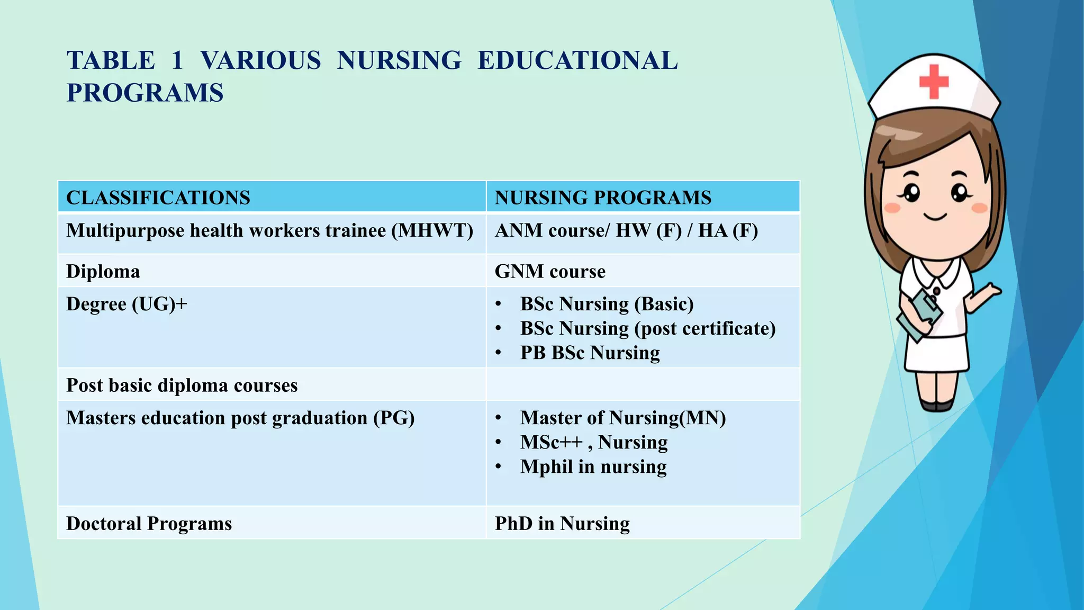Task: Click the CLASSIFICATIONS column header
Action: [x=158, y=198]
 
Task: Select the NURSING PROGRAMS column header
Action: [x=603, y=198]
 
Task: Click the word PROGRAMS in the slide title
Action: [x=145, y=93]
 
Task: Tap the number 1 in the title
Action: [x=177, y=60]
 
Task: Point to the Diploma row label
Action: [x=103, y=271]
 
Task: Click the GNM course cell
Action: [x=550, y=271]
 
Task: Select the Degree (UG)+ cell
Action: [x=127, y=304]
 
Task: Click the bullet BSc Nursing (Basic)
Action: [x=607, y=304]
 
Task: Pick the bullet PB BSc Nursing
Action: [x=590, y=353]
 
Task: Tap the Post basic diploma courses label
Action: [x=182, y=385]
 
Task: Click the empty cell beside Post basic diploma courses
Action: [x=643, y=384]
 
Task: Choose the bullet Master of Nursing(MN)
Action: [x=622, y=418]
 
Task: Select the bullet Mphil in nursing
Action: [x=593, y=467]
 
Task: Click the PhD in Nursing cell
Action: [x=562, y=523]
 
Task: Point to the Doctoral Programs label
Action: [x=149, y=523]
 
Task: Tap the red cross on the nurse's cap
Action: [x=934, y=82]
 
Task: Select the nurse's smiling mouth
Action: [x=935, y=217]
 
